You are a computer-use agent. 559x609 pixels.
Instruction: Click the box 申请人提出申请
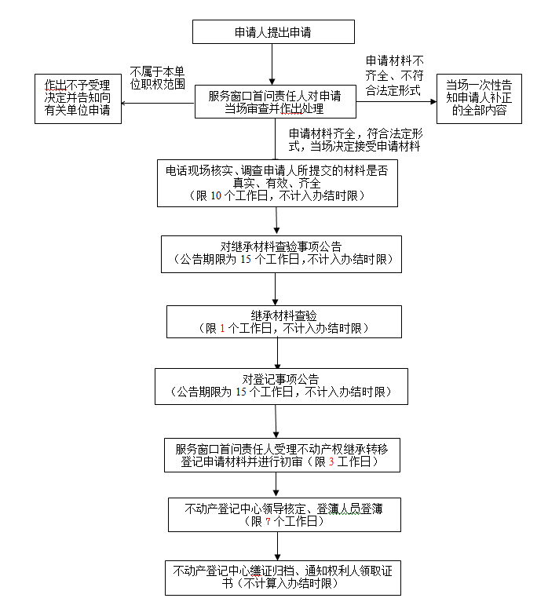pyautogui.click(x=273, y=32)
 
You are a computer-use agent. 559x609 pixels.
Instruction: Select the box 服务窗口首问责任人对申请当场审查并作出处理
pyautogui.click(x=274, y=102)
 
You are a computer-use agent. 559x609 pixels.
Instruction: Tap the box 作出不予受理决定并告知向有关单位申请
pyautogui.click(x=78, y=98)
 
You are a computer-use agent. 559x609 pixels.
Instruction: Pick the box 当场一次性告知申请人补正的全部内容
pyautogui.click(x=479, y=98)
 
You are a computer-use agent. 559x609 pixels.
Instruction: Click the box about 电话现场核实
pyautogui.click(x=277, y=183)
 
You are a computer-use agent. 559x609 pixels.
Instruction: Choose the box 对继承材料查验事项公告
pyautogui.click(x=281, y=253)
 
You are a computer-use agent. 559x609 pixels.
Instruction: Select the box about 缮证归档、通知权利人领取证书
pyautogui.click(x=283, y=578)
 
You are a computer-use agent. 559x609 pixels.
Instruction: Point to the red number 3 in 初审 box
pyautogui.click(x=331, y=462)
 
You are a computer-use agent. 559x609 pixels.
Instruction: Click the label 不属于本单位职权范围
pyautogui.click(x=157, y=77)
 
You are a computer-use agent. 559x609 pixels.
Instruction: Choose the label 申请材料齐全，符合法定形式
pyautogui.click(x=356, y=140)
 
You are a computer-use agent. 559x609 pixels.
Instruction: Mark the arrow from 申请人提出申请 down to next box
pyautogui.click(x=272, y=64)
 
